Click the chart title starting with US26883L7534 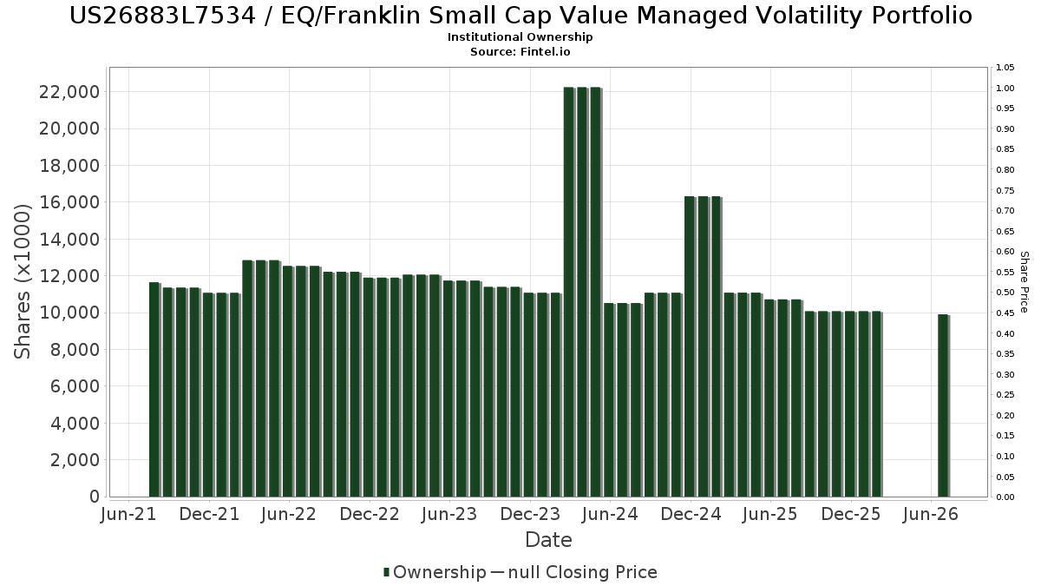click(x=520, y=16)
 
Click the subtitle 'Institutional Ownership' click(x=520, y=37)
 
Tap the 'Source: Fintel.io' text click(x=520, y=51)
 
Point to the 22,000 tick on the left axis click(x=69, y=92)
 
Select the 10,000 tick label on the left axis click(x=69, y=313)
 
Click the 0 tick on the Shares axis click(x=95, y=497)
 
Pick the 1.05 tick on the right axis click(x=1005, y=68)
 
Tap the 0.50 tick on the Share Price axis click(x=1005, y=293)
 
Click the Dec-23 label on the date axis click(x=530, y=514)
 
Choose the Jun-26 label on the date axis click(x=931, y=514)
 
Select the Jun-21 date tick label click(x=128, y=514)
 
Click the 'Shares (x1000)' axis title click(x=22, y=282)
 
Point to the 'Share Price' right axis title click(x=1025, y=282)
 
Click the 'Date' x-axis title click(x=548, y=540)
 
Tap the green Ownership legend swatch click(x=386, y=572)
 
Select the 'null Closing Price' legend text click(x=583, y=572)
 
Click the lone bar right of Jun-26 click(x=944, y=405)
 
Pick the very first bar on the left click(x=154, y=389)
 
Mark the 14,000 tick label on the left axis click(x=69, y=240)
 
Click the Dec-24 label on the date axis click(x=691, y=514)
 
